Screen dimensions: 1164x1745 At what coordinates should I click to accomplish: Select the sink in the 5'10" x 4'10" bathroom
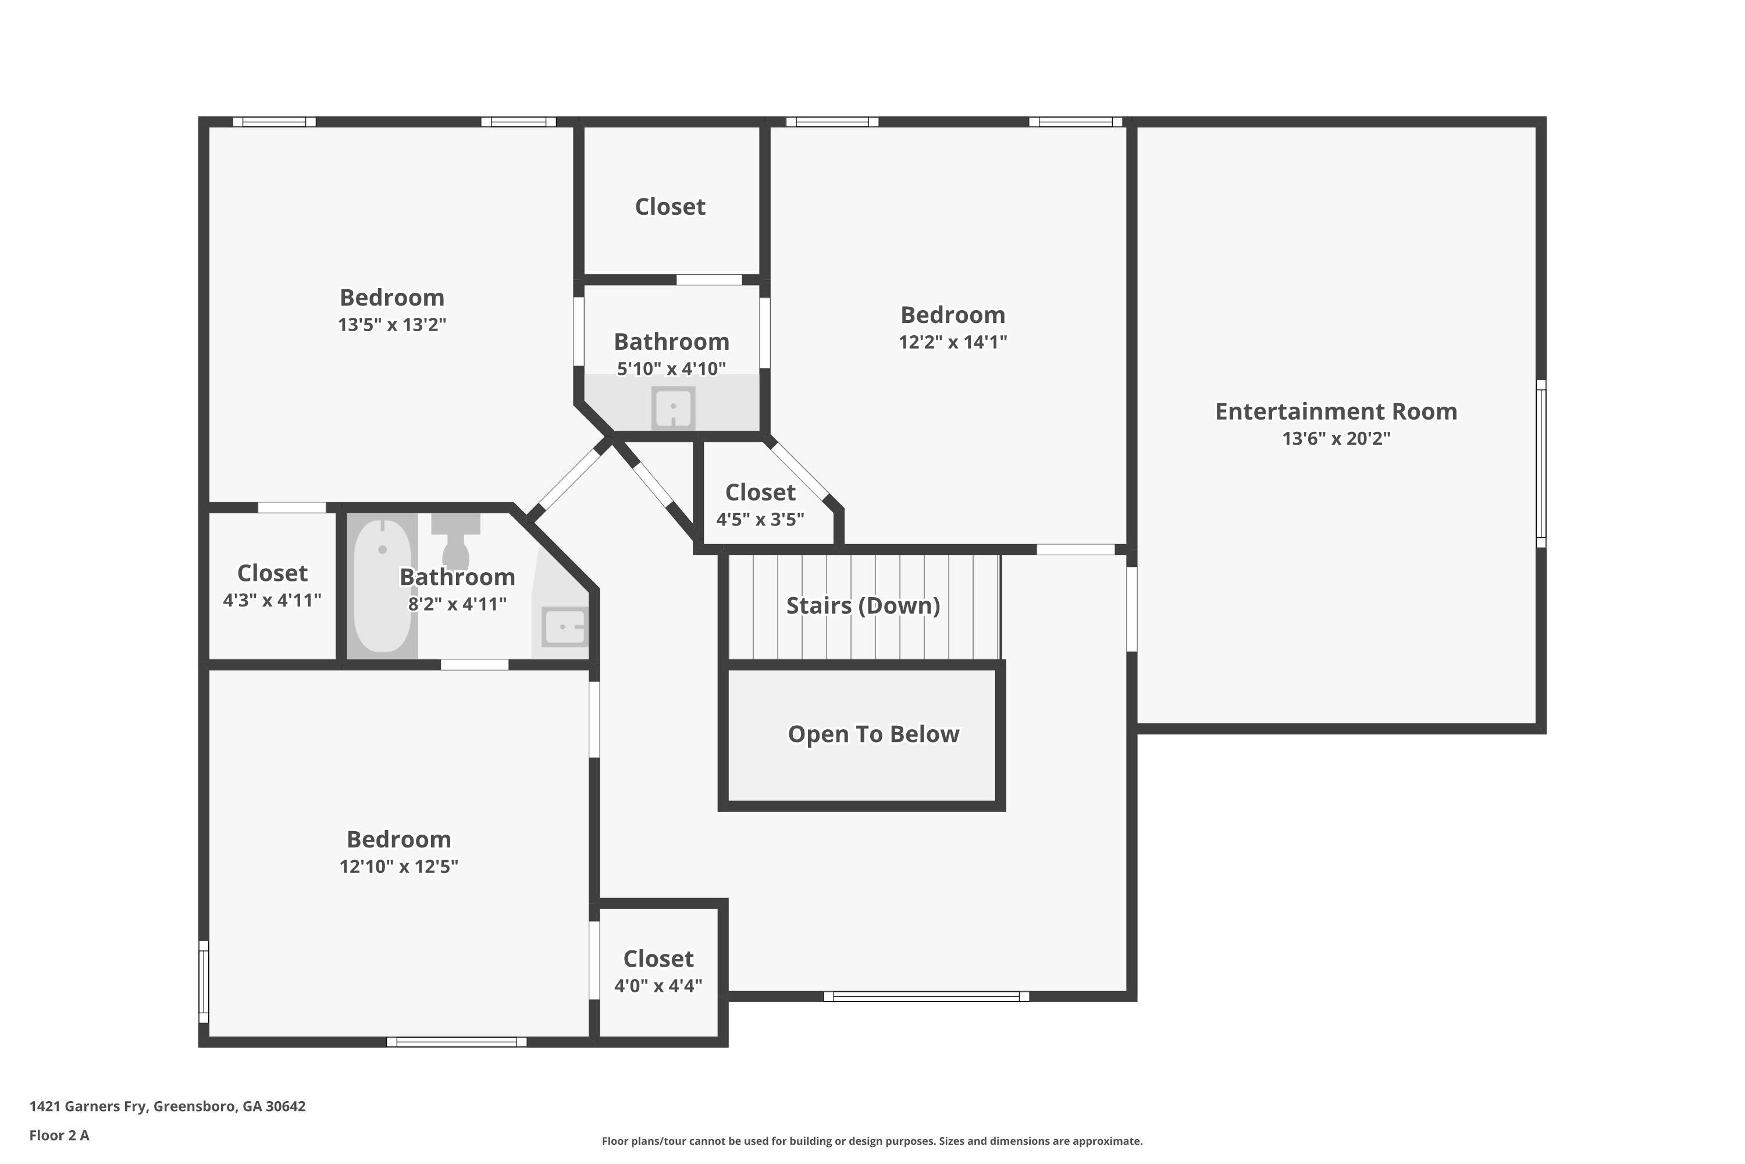(673, 407)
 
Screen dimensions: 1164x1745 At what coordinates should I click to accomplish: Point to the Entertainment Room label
(1336, 411)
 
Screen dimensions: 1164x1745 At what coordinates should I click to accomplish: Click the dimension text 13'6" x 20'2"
(1336, 439)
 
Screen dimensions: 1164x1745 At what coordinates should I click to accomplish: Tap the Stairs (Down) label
(863, 606)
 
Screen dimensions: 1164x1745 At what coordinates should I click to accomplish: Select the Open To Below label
(873, 734)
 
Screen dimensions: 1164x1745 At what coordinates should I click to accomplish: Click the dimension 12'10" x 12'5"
(398, 867)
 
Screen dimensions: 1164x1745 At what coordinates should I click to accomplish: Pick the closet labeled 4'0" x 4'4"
(658, 971)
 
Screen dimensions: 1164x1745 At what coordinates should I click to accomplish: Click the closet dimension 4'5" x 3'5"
(760, 520)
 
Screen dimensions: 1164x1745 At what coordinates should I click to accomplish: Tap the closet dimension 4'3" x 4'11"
(272, 600)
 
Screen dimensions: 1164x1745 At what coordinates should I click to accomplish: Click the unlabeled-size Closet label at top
(670, 207)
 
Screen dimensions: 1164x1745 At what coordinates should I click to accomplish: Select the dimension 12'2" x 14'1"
(953, 342)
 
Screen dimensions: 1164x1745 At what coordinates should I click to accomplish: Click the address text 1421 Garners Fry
(167, 1106)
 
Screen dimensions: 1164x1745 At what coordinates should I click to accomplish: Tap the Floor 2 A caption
(59, 1135)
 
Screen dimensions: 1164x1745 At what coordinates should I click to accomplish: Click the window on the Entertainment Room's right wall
(1540, 464)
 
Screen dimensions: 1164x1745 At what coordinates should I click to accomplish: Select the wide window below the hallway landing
(926, 996)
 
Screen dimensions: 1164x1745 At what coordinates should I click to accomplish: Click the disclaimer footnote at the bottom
(872, 1141)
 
